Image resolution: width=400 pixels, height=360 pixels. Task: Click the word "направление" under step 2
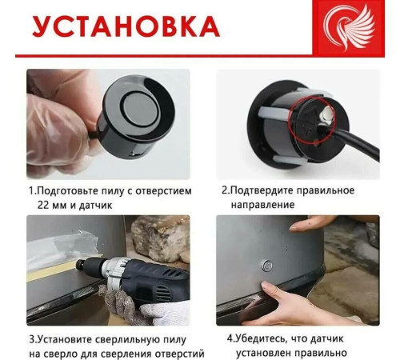(x=258, y=205)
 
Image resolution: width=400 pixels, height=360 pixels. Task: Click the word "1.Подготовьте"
(x=67, y=190)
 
